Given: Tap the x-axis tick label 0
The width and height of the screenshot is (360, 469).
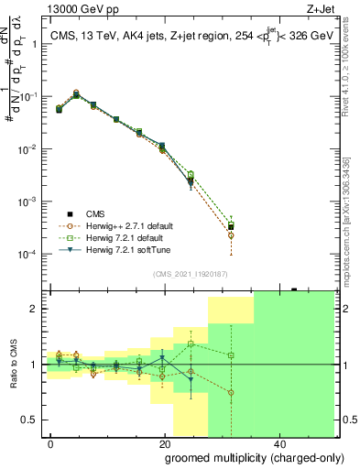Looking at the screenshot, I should click(x=51, y=443).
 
